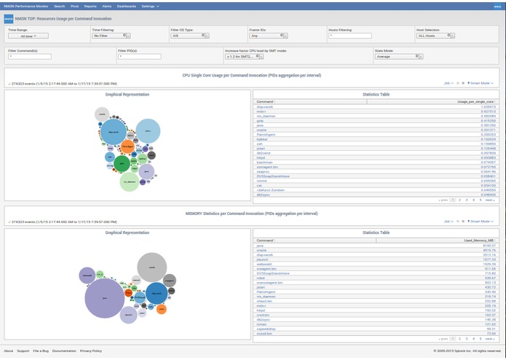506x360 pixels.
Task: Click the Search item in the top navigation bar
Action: tap(60, 5)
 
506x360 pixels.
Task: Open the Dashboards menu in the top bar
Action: tap(127, 5)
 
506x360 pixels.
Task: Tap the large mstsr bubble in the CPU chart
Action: tap(148, 131)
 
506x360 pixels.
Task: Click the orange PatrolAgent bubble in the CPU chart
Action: tap(127, 146)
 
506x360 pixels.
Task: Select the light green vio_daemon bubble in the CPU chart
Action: tap(129, 181)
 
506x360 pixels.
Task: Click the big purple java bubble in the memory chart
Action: tap(105, 299)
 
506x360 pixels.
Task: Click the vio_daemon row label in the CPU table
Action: tap(265, 116)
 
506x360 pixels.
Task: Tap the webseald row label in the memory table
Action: tap(264, 264)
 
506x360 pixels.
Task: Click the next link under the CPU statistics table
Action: tap(489, 200)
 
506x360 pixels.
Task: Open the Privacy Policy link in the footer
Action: tap(91, 351)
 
